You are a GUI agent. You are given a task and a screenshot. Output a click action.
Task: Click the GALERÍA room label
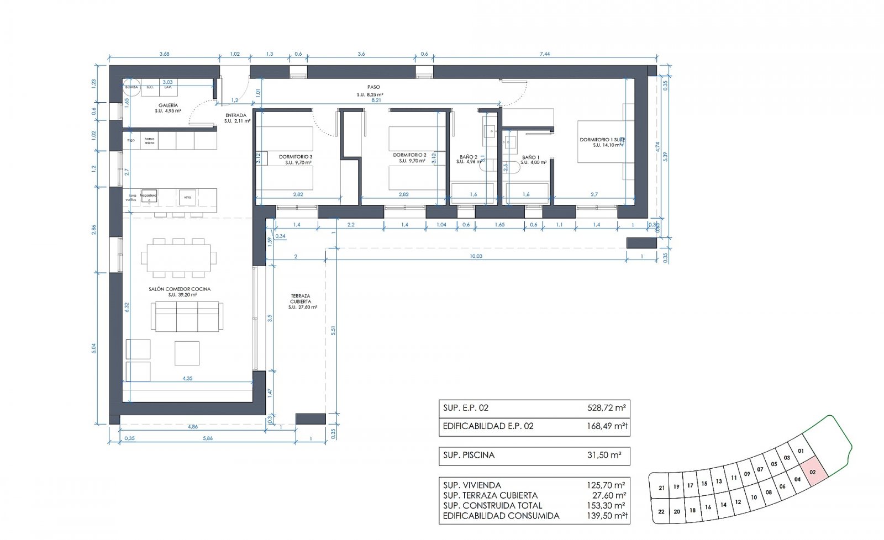click(168, 105)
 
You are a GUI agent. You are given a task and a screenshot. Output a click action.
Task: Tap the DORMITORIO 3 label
click(296, 156)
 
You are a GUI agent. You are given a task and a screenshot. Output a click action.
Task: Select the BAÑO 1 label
click(531, 157)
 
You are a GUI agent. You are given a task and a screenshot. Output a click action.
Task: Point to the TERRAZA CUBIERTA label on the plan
click(301, 299)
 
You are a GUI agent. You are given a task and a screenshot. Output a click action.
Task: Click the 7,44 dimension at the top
click(545, 54)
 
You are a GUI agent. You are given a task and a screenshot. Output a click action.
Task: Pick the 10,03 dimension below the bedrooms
click(476, 256)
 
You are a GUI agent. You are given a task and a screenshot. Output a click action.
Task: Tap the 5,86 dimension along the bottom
click(208, 438)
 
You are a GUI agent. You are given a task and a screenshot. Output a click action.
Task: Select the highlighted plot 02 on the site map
click(813, 472)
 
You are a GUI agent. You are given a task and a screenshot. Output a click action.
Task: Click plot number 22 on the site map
click(661, 512)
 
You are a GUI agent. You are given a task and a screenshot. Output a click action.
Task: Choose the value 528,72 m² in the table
click(606, 408)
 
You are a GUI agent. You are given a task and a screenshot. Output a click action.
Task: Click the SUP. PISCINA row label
click(469, 455)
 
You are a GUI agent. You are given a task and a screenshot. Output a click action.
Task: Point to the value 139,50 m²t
click(606, 516)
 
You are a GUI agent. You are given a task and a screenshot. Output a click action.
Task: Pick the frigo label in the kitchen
click(131, 140)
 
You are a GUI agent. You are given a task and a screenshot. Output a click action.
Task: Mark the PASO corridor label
click(373, 87)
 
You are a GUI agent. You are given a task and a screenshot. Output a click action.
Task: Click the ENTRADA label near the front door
click(236, 115)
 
